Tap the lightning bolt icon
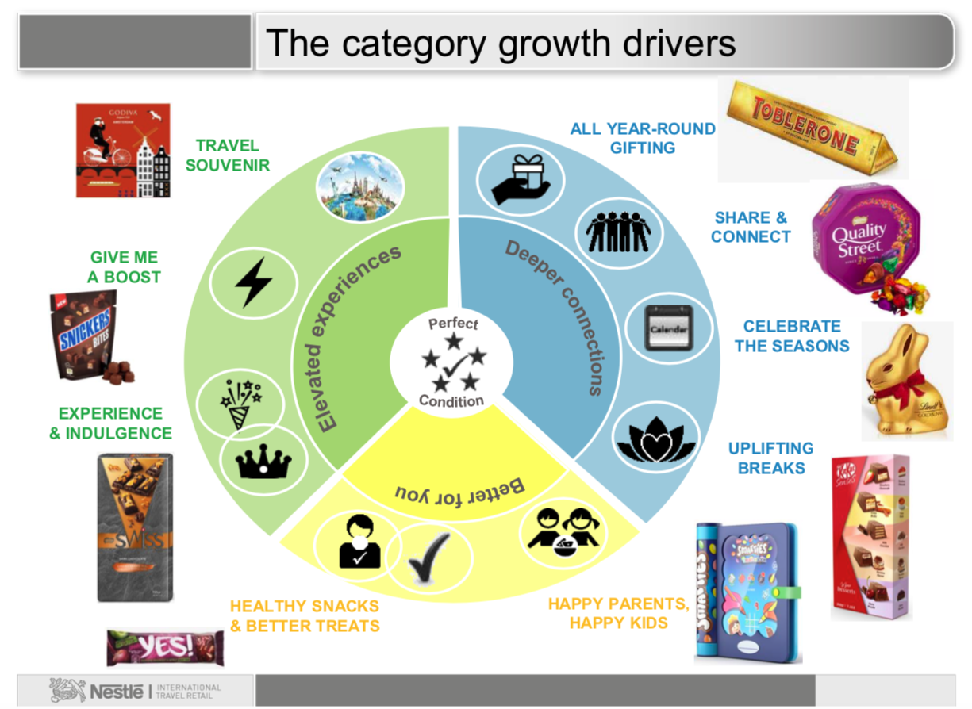[254, 282]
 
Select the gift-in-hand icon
[520, 178]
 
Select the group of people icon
[618, 230]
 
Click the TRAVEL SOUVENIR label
[228, 155]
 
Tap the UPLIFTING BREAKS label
[770, 458]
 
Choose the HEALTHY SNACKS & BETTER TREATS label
[305, 615]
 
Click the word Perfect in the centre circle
[453, 324]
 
